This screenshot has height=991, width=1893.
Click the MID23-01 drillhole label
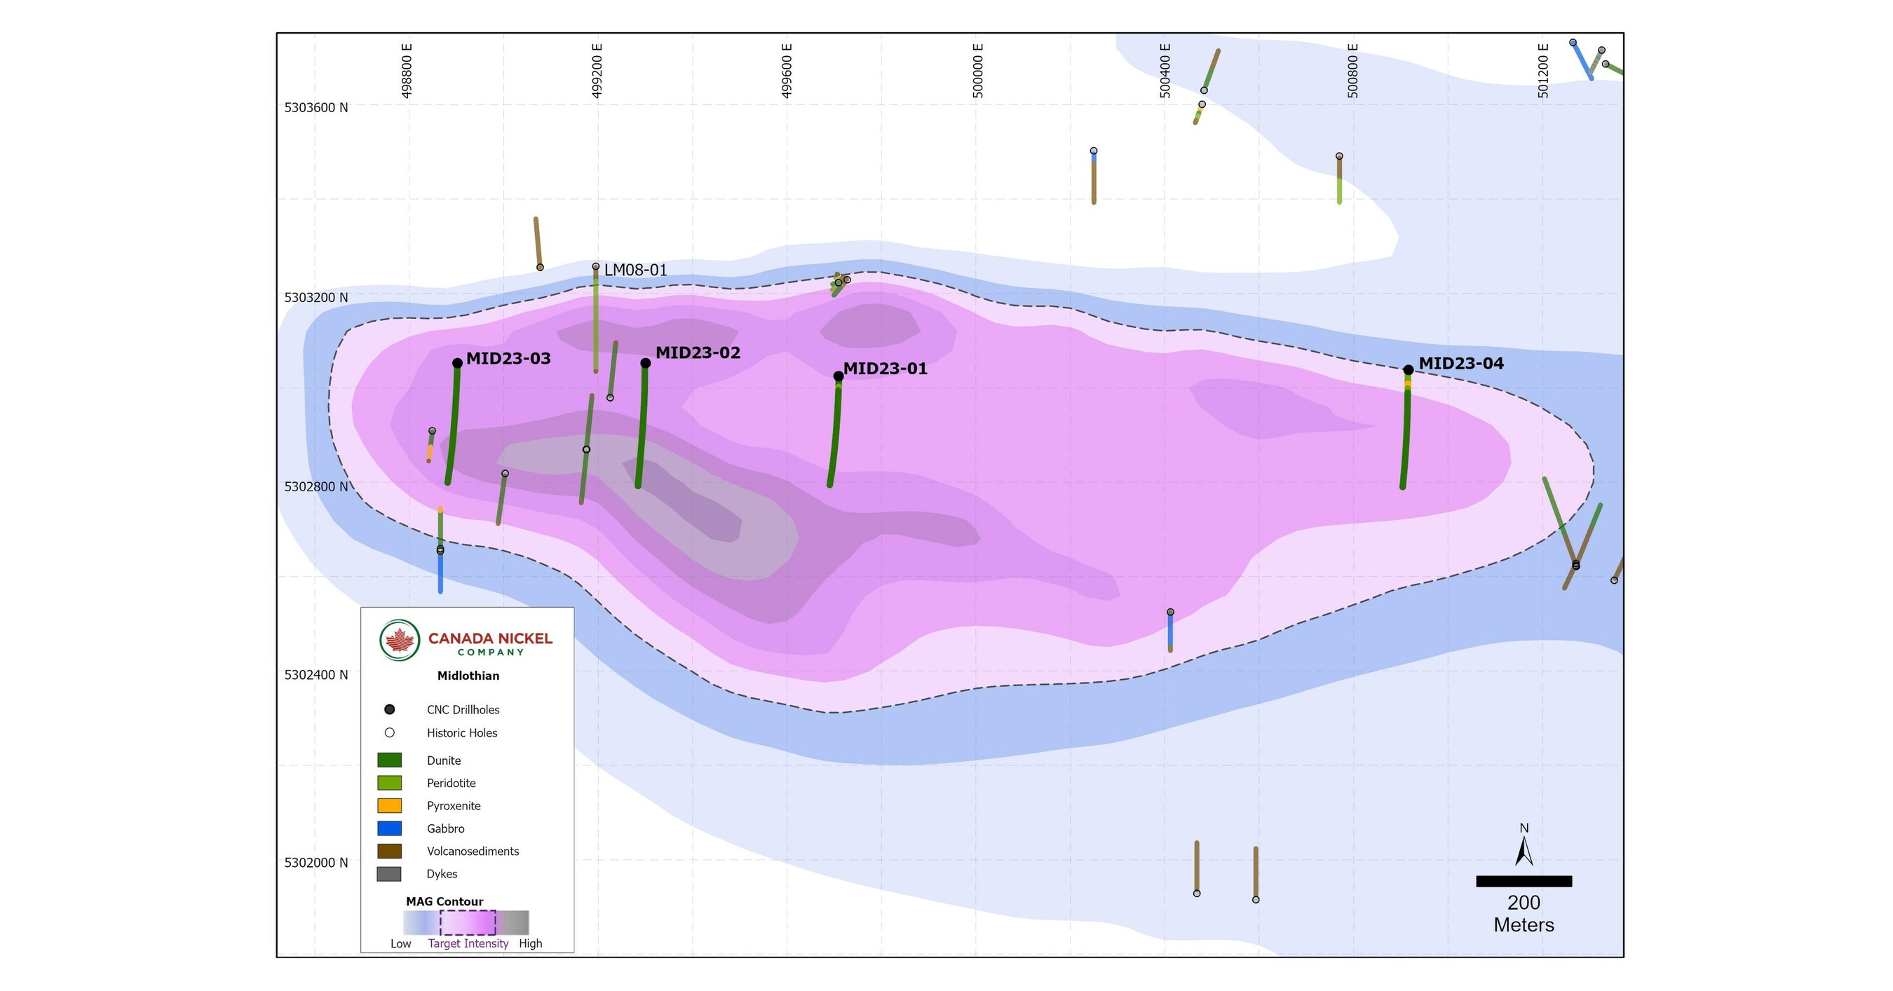pos(885,369)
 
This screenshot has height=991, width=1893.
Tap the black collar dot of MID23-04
pos(1408,370)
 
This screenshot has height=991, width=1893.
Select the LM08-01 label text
pos(635,271)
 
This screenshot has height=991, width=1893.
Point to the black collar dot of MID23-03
pos(457,363)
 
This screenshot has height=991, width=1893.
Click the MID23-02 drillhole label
pos(698,353)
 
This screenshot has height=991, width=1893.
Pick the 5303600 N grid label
pos(316,108)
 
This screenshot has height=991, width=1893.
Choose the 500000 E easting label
pos(977,71)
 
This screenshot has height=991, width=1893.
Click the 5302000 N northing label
pos(316,863)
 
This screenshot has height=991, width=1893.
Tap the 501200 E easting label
pos(1543,71)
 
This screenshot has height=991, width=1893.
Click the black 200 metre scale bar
pos(1524,881)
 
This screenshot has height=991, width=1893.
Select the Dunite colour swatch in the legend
pos(390,760)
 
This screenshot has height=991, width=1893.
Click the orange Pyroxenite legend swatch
pos(390,806)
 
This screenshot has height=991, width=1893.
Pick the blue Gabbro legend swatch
pos(390,828)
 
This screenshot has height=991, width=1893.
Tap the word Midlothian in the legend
pos(468,676)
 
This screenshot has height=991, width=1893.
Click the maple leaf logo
pos(400,640)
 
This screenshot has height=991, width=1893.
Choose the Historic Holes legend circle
pos(390,732)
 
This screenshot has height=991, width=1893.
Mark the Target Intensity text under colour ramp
pos(468,944)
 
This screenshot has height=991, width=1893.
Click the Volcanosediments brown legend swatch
pos(390,852)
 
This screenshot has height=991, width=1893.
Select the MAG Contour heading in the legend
pos(445,901)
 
